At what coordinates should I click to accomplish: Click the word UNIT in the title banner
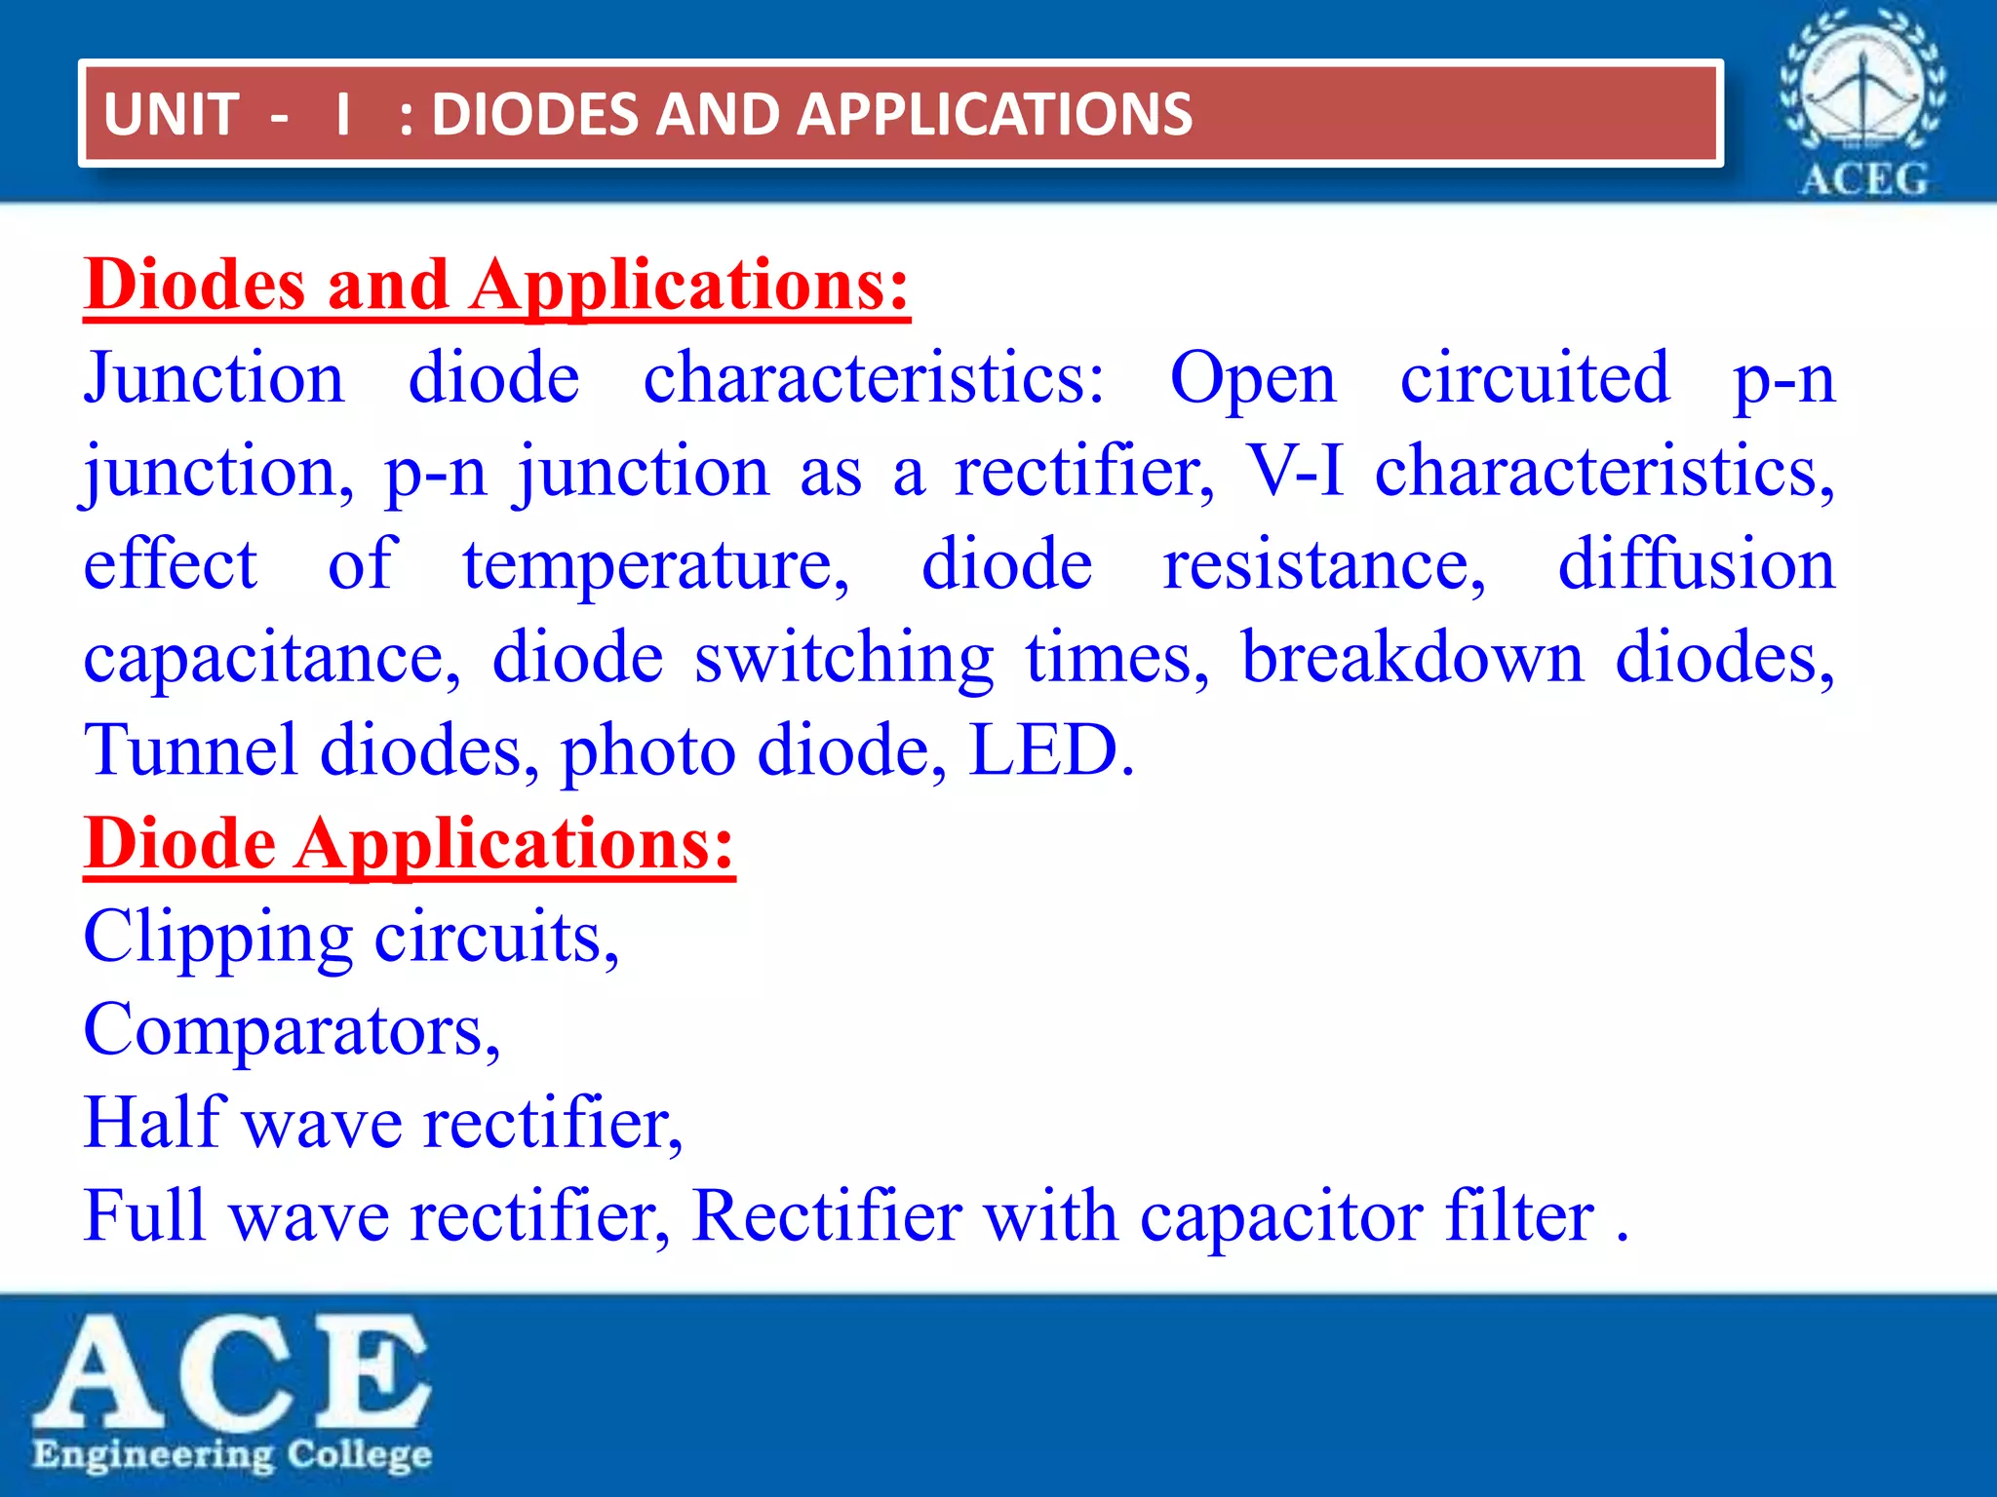coord(171,115)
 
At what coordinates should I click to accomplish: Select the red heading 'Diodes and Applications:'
coord(496,285)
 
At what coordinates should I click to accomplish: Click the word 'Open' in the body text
coord(1252,378)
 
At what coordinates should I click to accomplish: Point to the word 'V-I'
coord(1296,472)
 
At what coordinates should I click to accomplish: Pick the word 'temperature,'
coord(655,565)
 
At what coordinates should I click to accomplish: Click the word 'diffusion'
coord(1697,565)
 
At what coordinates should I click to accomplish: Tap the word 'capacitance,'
coord(272,659)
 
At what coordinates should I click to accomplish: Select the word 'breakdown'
coord(1412,659)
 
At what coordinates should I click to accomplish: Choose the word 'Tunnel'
coord(190,750)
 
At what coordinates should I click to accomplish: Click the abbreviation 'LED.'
coord(1051,750)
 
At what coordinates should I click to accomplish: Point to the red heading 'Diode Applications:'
coord(409,844)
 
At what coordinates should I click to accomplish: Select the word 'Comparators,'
coord(292,1031)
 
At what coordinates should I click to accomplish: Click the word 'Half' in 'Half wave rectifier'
coord(154,1123)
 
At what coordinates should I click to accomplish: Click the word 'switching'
coord(843,659)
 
